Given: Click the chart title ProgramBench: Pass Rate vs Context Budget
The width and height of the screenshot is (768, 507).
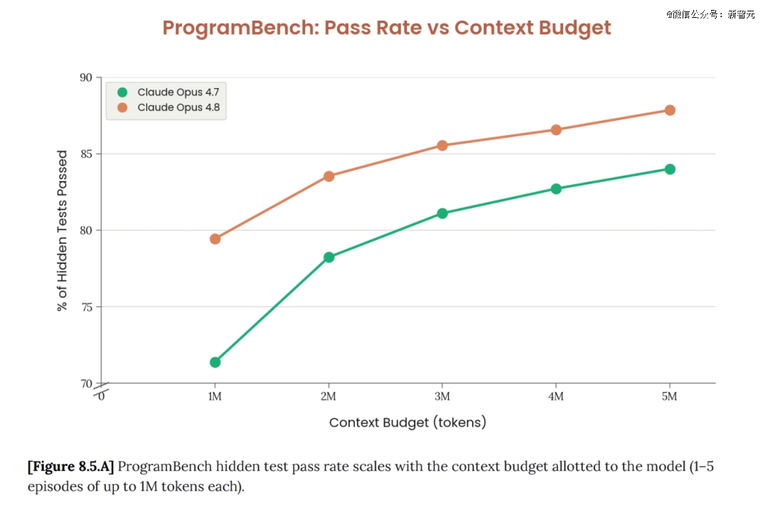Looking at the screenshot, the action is click(386, 28).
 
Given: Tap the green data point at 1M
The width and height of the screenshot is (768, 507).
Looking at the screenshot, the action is click(215, 363).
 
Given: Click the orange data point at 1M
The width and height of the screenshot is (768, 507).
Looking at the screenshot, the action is click(215, 239).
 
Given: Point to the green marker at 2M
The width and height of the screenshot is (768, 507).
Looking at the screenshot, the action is click(329, 257).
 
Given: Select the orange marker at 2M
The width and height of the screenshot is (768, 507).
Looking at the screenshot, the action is click(329, 176).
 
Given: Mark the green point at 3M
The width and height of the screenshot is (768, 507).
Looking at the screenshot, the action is click(442, 213).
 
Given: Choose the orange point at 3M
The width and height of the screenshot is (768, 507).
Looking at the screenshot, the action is click(442, 146).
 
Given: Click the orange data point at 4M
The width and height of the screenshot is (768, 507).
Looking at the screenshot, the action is click(556, 130).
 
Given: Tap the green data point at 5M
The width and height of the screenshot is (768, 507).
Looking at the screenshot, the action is click(670, 169).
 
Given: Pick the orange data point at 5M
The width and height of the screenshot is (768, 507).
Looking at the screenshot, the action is click(670, 110).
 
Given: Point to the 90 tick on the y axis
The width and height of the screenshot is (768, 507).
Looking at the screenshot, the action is click(86, 78).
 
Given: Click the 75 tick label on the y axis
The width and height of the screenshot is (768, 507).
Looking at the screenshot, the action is click(86, 307).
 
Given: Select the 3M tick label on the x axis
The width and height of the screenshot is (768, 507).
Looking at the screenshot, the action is click(442, 396).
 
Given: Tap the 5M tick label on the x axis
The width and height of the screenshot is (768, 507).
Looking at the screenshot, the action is click(670, 396).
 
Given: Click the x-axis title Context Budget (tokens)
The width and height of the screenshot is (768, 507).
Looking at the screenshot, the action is click(407, 422).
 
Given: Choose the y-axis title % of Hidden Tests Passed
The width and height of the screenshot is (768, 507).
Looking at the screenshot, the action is click(62, 230).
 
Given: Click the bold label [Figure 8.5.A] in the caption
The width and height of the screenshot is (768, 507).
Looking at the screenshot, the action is click(70, 466).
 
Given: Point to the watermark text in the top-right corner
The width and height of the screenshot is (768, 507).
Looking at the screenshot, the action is click(710, 14).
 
